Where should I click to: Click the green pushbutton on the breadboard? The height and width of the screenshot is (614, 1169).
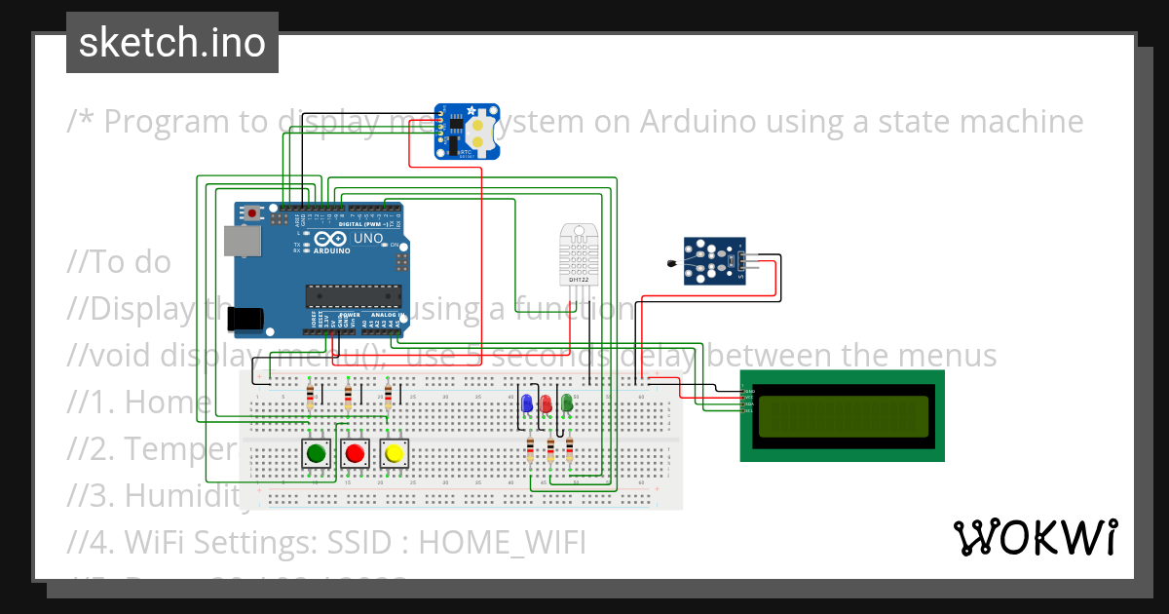315,453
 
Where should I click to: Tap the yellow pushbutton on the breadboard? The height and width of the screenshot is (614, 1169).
394,453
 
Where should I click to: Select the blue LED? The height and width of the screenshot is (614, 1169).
526,403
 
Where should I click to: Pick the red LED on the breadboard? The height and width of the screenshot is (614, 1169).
546,403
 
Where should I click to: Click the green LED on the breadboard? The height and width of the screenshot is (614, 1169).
566,403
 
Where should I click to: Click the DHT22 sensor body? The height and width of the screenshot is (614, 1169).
580,253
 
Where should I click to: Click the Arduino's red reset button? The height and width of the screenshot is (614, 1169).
253,212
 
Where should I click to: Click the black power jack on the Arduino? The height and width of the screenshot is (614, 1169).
244,318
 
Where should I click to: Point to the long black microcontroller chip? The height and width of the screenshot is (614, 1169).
353,294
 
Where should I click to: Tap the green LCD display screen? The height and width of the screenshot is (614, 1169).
843,416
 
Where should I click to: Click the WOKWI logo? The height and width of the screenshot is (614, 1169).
1035,537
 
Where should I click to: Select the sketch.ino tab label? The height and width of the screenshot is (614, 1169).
172,43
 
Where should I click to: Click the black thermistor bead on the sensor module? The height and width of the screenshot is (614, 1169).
670,263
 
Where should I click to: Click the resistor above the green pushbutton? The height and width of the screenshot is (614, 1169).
311,396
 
